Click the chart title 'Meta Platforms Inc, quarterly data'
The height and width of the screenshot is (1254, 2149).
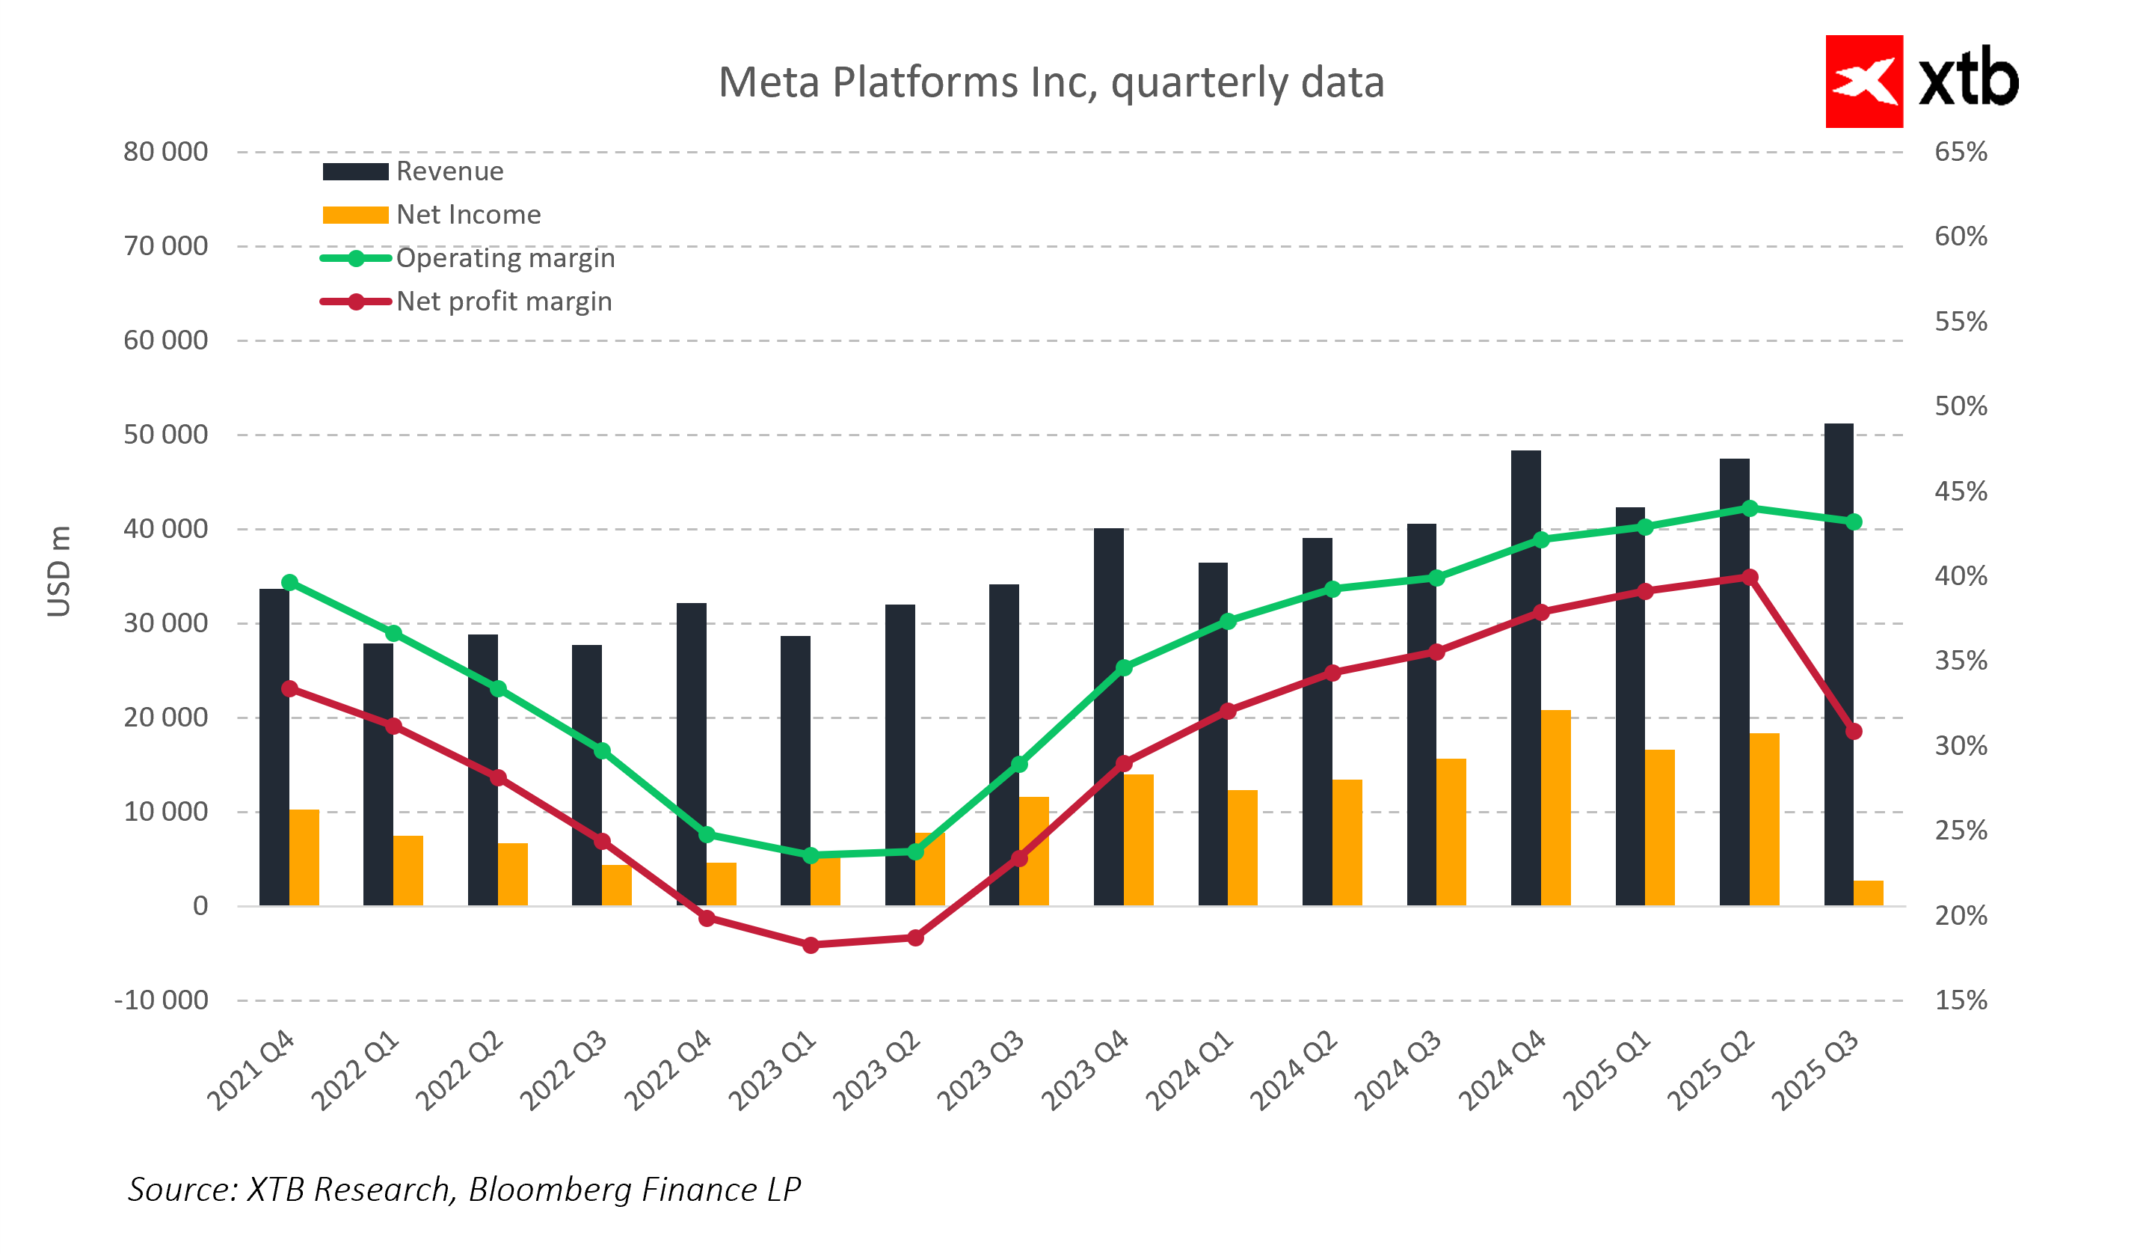1051,83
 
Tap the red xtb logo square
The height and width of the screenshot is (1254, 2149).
1863,81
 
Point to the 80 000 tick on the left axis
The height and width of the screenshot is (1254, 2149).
165,152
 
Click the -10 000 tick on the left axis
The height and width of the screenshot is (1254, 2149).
162,1000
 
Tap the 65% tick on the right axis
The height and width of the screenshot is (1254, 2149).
1960,152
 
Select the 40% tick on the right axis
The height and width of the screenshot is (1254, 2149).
1960,576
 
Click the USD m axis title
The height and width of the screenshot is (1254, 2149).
59,572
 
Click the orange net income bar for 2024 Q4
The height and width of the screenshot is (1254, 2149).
1555,808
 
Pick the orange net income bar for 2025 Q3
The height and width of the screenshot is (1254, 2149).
1868,893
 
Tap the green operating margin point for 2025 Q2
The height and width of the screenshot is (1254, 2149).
1749,509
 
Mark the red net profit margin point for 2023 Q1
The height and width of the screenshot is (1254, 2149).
811,945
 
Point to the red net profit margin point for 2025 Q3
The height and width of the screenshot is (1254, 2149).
1853,732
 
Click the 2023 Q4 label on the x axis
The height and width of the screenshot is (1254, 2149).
1086,1071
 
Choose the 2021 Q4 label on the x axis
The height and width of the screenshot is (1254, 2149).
250,1071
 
